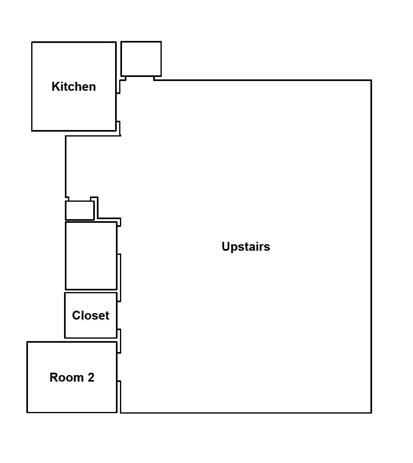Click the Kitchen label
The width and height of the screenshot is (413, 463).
coord(73,87)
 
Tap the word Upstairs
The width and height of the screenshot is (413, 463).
coord(246,247)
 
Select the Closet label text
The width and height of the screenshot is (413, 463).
coord(91,316)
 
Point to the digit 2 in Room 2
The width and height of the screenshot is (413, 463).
coord(91,378)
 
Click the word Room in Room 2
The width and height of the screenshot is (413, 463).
coord(66,378)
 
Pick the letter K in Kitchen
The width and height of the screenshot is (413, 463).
coord(56,87)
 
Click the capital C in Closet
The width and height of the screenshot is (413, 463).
coord(76,316)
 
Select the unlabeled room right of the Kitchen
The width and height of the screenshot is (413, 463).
coord(141,59)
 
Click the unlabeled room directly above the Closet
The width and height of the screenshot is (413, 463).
coord(91,256)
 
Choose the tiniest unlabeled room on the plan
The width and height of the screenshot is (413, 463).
coord(80,210)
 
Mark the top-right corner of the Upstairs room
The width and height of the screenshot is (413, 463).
coord(371,80)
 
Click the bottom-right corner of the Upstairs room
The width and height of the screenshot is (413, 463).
coord(371,412)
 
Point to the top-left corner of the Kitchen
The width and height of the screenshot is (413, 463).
coord(32,42)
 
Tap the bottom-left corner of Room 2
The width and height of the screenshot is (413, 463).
coord(27,412)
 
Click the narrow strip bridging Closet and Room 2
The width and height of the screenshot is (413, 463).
coord(119,341)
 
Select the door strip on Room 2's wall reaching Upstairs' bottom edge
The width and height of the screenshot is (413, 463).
coord(119,397)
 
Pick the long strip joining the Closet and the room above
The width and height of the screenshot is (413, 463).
coord(119,277)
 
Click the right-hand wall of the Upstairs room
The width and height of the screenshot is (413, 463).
coord(371,246)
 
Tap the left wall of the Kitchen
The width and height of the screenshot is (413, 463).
coord(32,87)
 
